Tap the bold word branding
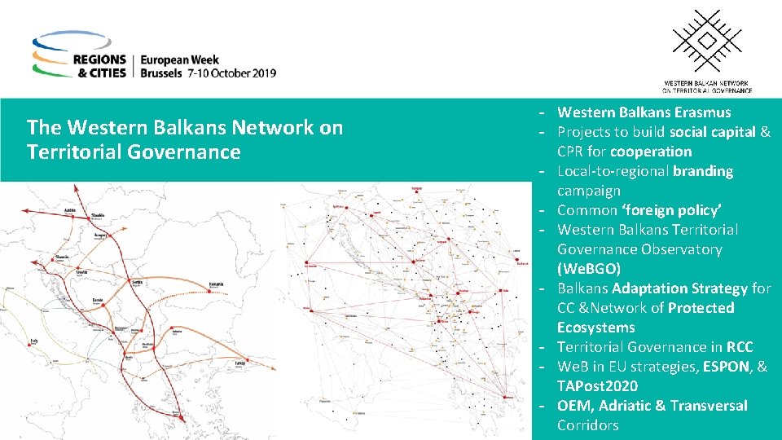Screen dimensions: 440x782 point(703,171)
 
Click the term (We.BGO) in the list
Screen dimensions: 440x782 point(588,269)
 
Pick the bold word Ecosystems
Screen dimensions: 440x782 point(595,328)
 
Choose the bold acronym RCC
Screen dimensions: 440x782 point(740,347)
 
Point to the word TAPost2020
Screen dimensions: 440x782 point(597,386)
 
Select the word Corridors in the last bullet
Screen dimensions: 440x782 point(587,425)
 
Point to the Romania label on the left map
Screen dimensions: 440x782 point(215,283)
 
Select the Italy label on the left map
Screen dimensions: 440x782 point(33,340)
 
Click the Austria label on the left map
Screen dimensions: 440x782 point(69,209)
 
